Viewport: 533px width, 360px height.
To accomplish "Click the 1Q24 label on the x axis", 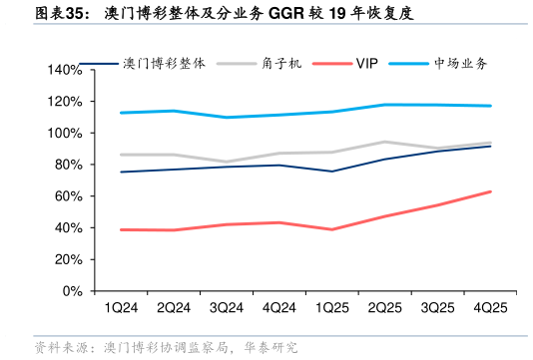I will click(x=121, y=307).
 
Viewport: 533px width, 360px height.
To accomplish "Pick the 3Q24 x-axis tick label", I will click(x=227, y=307).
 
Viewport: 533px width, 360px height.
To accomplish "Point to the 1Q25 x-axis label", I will click(x=331, y=307).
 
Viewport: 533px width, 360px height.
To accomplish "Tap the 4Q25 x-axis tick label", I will click(x=489, y=307).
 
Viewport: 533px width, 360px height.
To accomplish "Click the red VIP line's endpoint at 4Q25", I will click(x=489, y=191).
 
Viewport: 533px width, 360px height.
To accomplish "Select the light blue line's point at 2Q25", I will click(x=384, y=105).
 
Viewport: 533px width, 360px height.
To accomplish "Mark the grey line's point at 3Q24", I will click(x=227, y=162).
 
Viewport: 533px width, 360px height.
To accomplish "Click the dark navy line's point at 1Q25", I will click(x=331, y=172).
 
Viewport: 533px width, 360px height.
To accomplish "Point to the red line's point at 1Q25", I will click(x=331, y=229).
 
